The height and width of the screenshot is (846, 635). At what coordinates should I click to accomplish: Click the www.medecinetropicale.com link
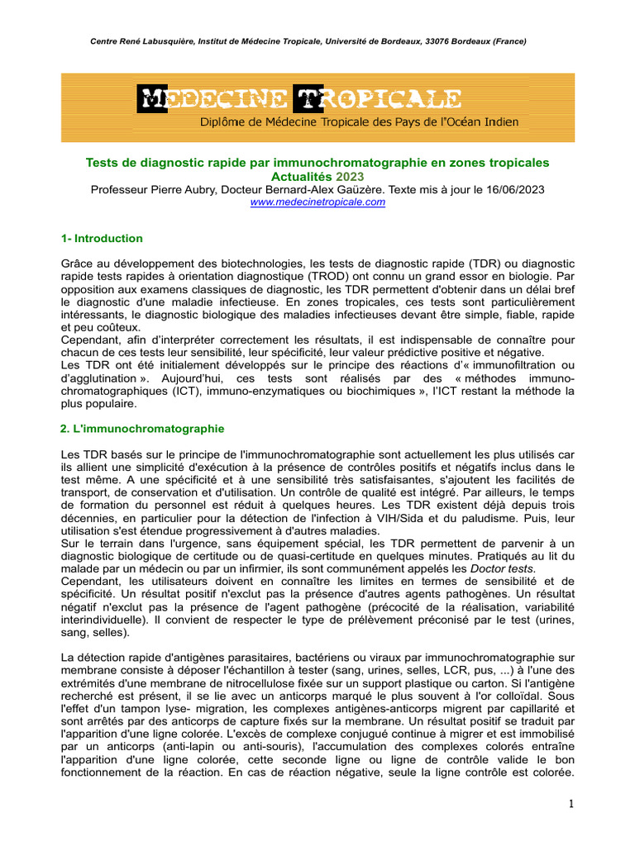317,202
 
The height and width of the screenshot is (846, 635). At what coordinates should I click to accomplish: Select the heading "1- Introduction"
102,239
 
